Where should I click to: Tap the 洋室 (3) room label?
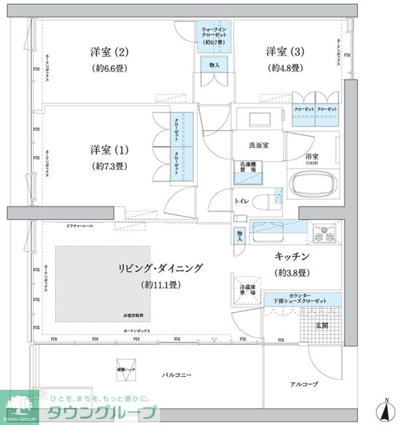coord(285,52)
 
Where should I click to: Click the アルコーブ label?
coord(303,384)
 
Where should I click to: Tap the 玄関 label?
coord(322,325)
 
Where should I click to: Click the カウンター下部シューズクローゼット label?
coord(302,299)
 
